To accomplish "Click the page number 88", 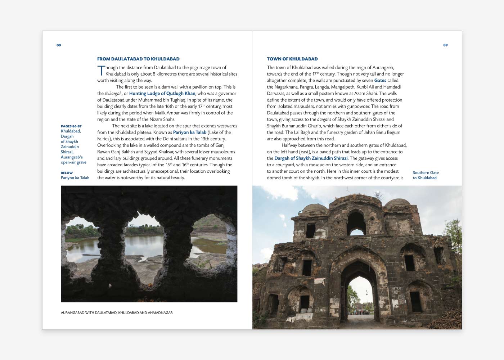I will (x=59, y=45).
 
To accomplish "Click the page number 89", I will (x=445, y=45).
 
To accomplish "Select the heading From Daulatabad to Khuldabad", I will (x=138, y=59).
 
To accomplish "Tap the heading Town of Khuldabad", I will (x=292, y=59).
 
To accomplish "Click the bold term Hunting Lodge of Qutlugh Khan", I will (x=162, y=93).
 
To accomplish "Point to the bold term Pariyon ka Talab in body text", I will (x=190, y=132).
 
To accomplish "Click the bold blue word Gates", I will (x=380, y=80).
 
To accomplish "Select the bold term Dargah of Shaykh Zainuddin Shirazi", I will (x=311, y=158).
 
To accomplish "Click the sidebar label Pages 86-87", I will (x=71, y=126).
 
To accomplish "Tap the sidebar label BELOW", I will (x=67, y=173).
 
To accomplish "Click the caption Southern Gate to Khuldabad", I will (x=426, y=175).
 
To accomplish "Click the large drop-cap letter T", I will (x=101, y=71).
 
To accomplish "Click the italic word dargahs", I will (x=324, y=119).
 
